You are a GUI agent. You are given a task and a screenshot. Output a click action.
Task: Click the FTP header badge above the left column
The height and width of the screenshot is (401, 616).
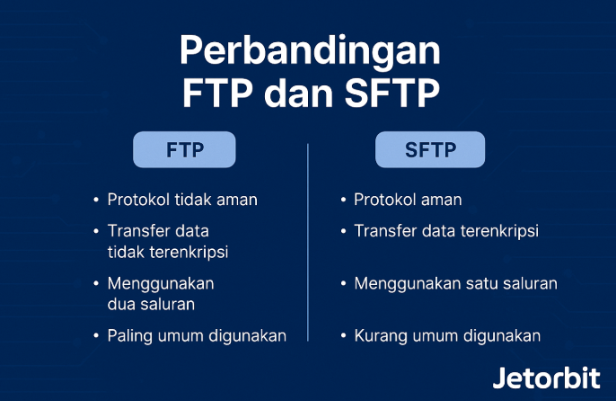[x=184, y=149]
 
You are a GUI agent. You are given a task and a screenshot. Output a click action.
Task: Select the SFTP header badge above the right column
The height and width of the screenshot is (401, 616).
[x=430, y=149]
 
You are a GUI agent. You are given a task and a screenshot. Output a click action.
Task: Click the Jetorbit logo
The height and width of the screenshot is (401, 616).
[x=547, y=378]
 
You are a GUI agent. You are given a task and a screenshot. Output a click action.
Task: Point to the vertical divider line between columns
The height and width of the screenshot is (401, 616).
[x=308, y=243]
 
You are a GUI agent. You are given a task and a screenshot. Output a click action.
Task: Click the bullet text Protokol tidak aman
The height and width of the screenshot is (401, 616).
[x=182, y=200]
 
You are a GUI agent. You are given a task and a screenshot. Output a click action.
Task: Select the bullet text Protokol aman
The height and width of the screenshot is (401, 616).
[x=408, y=200]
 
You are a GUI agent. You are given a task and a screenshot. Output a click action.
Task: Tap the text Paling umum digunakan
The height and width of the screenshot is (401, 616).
[x=197, y=336]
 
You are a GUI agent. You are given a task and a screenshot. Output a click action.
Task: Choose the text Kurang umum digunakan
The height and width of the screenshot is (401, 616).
[x=447, y=336]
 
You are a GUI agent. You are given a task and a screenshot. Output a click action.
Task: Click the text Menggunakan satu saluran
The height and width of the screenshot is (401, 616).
[x=456, y=284]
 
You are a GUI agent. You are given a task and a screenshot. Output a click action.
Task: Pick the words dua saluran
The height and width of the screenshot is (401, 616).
[x=151, y=304]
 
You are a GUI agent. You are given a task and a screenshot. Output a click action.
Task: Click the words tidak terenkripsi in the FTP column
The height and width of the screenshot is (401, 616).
[x=168, y=253]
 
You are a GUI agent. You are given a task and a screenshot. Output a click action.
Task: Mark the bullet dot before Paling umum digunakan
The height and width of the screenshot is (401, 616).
[x=96, y=336]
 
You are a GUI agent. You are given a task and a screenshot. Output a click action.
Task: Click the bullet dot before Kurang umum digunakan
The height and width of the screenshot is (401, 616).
[x=343, y=336]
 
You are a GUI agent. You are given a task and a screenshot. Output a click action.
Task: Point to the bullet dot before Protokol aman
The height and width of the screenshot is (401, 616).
[x=343, y=200]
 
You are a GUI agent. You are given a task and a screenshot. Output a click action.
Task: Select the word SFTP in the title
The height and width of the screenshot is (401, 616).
[x=392, y=93]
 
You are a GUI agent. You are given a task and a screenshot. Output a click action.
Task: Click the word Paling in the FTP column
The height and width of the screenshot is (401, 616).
[x=129, y=336]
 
